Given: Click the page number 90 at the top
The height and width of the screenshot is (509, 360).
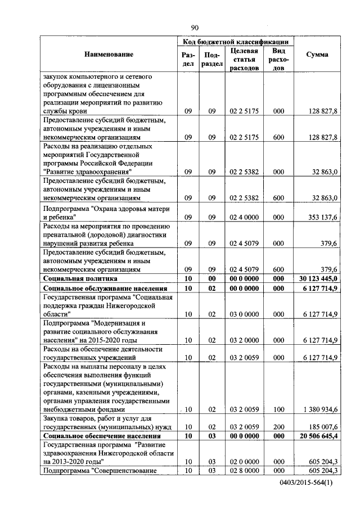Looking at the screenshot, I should click(x=195, y=28).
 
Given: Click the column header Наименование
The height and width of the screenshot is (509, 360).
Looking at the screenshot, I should click(x=109, y=55).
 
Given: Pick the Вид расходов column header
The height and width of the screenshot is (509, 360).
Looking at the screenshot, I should click(x=278, y=59).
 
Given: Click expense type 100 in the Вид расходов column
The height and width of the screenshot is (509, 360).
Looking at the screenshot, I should click(x=278, y=410).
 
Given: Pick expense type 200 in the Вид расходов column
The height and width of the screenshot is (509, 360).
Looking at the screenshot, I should click(x=278, y=427).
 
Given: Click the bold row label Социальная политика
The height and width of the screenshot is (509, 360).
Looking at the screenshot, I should click(x=80, y=278).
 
